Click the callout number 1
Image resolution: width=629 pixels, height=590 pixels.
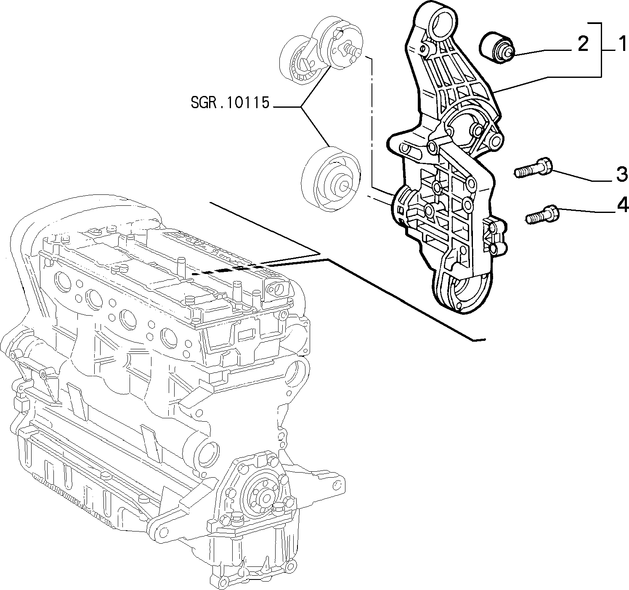point(622,44)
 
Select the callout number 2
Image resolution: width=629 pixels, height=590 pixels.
point(583,44)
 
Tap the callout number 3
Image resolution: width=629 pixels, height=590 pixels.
point(621,174)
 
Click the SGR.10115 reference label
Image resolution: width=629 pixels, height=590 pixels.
point(230,103)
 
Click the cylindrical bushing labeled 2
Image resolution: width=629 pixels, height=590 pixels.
point(496,48)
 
